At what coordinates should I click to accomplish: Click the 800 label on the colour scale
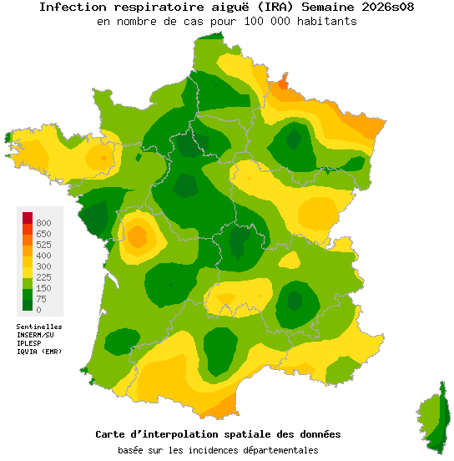click(43, 223)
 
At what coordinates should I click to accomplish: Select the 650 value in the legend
click(43, 234)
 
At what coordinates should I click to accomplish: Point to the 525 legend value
click(43, 245)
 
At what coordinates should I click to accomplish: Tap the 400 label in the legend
click(43, 256)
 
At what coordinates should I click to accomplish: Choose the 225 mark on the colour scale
click(43, 277)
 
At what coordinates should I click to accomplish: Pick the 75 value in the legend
click(41, 299)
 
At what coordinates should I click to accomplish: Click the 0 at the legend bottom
click(38, 310)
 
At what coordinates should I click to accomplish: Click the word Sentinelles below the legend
click(39, 327)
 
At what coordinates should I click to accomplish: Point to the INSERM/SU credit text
click(35, 335)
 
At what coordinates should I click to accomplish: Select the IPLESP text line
click(30, 343)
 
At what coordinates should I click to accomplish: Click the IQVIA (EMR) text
click(39, 352)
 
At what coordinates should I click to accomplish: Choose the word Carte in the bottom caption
click(112, 435)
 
